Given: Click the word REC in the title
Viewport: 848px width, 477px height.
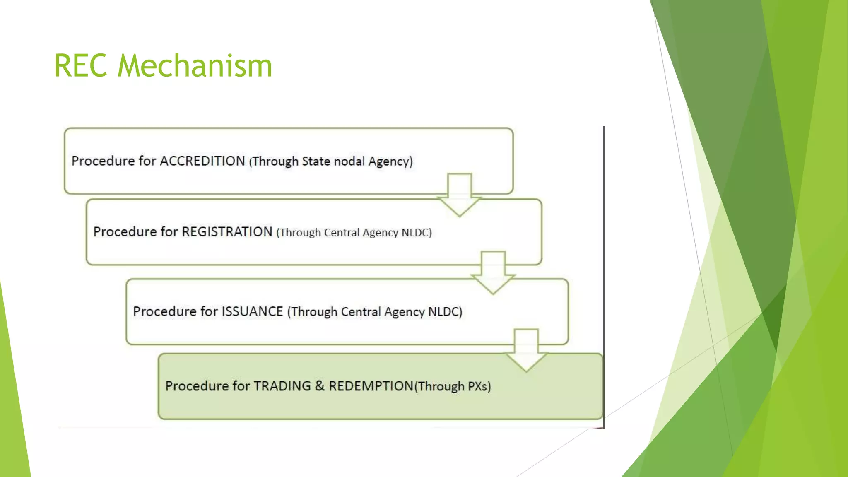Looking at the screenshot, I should tap(81, 66).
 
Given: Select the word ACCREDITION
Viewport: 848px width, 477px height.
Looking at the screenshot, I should tap(202, 161).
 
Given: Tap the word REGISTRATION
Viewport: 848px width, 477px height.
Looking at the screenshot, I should tap(227, 231).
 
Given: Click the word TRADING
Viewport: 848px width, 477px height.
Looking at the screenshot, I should tap(282, 386).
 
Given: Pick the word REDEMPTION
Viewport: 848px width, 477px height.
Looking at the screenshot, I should tap(371, 386).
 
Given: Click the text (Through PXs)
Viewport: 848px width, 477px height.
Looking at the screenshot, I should tap(453, 386).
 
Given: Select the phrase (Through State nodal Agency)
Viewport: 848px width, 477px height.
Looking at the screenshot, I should tap(331, 161).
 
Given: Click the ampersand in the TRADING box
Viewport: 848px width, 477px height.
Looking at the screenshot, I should tap(320, 386).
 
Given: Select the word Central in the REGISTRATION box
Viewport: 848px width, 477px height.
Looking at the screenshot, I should tap(342, 232).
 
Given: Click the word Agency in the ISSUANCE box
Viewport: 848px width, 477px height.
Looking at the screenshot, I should tap(404, 312).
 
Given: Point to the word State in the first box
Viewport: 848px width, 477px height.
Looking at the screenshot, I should tap(316, 161).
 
